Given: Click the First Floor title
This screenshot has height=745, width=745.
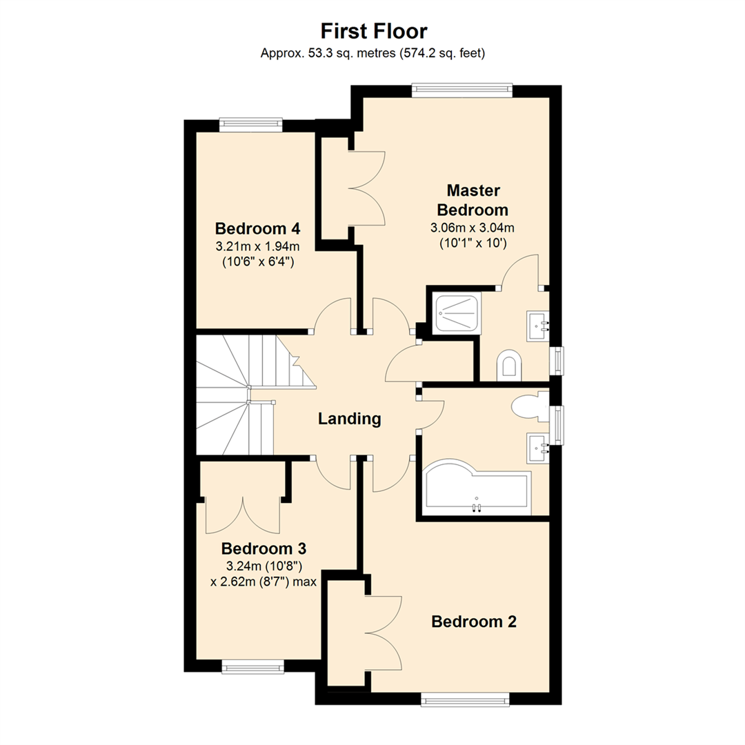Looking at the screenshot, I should click(x=372, y=31).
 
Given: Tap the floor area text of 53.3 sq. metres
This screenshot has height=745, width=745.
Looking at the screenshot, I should click(x=372, y=53).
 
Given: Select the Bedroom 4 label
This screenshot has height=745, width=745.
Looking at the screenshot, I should click(x=257, y=228).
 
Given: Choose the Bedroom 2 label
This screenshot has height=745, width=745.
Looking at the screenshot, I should click(x=474, y=622).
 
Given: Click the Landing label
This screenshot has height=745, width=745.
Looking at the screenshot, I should click(x=349, y=418).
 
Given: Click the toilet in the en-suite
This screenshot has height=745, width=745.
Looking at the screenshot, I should click(x=510, y=366).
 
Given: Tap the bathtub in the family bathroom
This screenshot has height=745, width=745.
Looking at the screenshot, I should click(x=476, y=493).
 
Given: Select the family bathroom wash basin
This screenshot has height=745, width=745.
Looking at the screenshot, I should click(x=537, y=448).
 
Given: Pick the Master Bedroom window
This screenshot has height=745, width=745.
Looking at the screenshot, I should click(x=462, y=90).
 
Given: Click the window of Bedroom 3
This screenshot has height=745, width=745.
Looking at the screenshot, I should click(x=253, y=666).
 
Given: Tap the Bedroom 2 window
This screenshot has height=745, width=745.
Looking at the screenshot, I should click(x=466, y=700).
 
